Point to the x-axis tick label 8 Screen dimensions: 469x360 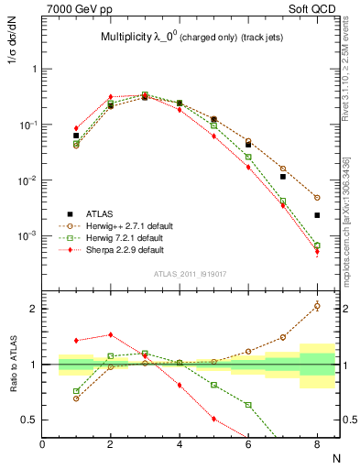tap(315, 444)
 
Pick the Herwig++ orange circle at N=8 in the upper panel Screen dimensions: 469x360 tap(317, 197)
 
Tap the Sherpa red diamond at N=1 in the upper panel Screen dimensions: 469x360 tap(76, 128)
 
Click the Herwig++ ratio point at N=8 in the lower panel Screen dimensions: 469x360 tap(317, 306)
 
